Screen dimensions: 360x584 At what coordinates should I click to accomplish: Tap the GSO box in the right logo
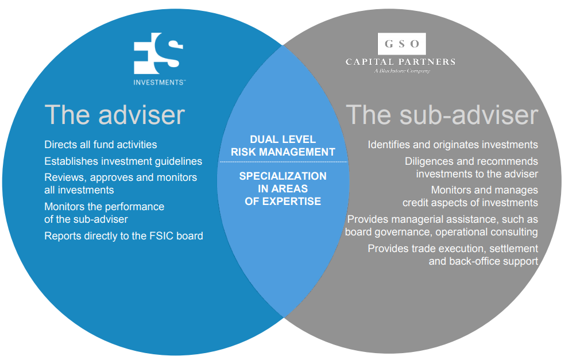click(401, 43)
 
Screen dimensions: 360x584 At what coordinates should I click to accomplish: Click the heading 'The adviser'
click(114, 114)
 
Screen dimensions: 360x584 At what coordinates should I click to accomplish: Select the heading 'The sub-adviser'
click(442, 114)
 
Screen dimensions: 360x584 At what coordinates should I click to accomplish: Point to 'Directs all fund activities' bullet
click(100, 145)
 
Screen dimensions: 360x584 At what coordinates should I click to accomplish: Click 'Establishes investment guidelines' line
click(123, 162)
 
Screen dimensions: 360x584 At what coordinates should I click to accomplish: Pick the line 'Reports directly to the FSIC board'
click(123, 235)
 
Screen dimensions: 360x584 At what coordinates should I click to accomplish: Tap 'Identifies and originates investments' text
click(452, 145)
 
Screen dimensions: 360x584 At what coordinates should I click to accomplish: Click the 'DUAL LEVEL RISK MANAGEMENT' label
click(283, 146)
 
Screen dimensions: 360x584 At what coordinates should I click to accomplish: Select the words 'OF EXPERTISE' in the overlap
click(283, 201)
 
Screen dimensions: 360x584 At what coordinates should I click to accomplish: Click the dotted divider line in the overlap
click(283, 162)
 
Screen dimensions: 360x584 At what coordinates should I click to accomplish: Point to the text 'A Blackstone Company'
click(401, 71)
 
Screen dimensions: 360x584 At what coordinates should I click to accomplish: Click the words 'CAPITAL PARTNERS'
click(400, 61)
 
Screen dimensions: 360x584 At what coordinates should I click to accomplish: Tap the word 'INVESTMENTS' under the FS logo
click(158, 82)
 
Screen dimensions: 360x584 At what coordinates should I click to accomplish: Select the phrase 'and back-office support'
click(483, 261)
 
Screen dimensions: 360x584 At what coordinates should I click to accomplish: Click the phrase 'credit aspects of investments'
click(470, 202)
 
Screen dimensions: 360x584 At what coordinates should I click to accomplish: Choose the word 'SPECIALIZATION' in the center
click(283, 176)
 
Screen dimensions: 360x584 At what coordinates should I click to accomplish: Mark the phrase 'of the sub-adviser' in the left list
click(86, 219)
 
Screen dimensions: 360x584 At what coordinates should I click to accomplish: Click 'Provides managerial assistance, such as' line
click(443, 219)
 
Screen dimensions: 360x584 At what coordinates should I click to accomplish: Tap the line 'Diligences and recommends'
click(471, 161)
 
